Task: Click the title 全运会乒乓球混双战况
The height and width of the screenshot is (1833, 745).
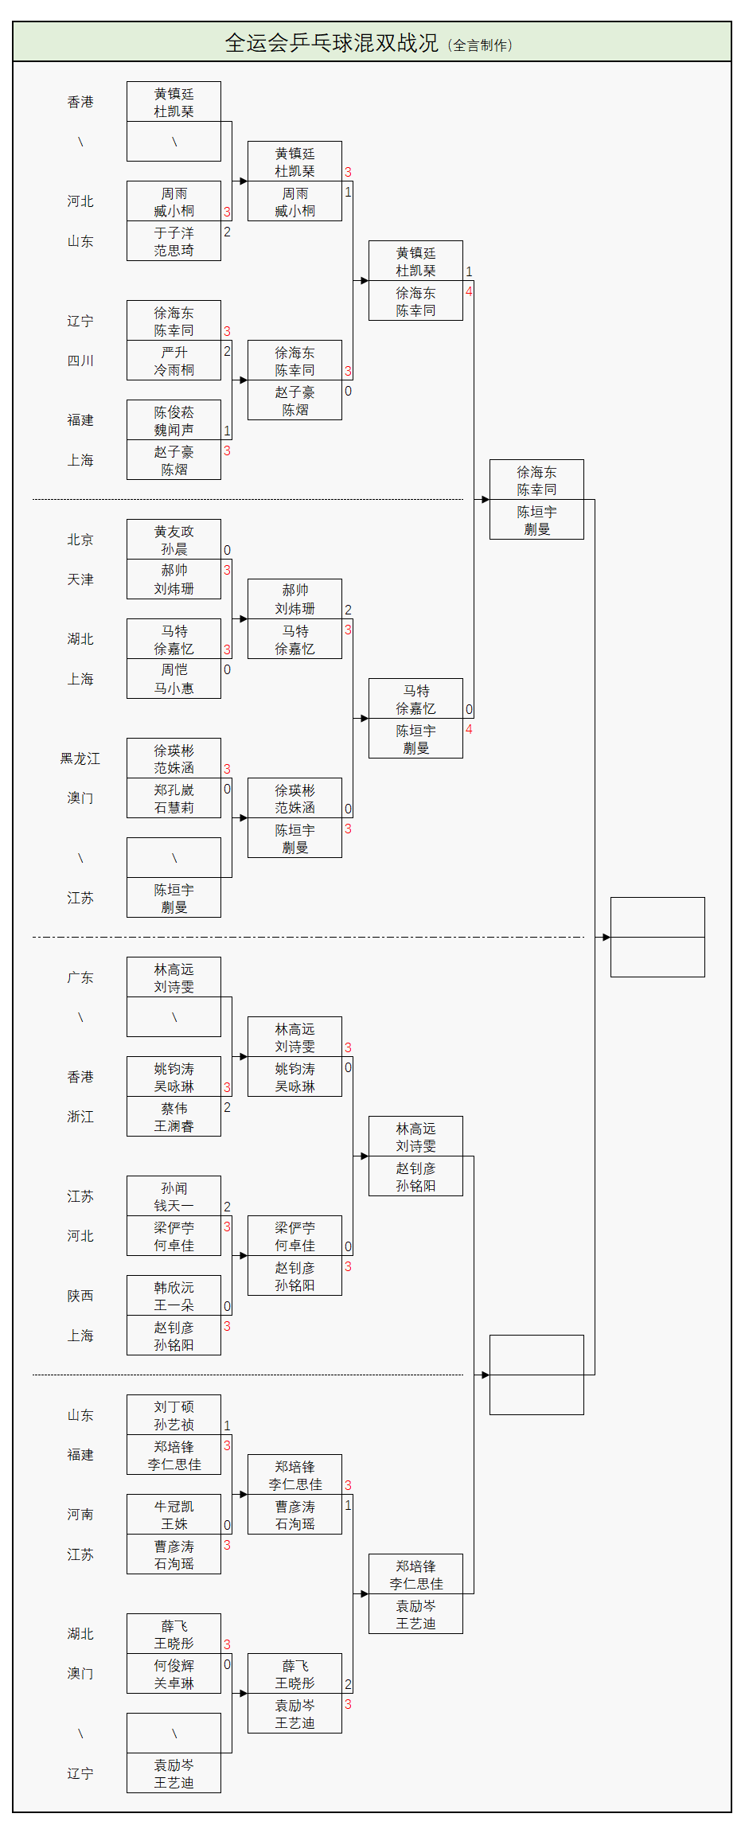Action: coord(331,43)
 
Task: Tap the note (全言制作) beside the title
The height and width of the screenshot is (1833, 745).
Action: coord(481,45)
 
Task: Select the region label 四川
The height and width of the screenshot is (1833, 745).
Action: coord(80,361)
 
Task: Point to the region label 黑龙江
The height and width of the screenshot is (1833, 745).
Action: coord(80,759)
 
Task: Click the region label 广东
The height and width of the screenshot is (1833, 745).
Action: coord(80,977)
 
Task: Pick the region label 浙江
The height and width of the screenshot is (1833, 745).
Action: coord(80,1117)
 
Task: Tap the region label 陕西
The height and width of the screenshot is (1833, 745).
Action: coord(80,1296)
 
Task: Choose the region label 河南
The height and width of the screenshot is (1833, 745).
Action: coord(80,1515)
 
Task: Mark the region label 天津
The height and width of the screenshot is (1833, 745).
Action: coord(80,579)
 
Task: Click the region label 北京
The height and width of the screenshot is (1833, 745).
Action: coord(80,540)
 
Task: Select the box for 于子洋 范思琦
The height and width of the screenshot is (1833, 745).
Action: coord(174,241)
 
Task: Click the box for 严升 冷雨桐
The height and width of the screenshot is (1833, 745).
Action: coord(174,361)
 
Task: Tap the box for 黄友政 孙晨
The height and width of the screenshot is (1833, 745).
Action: coord(174,540)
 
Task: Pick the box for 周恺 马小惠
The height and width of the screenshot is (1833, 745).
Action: coord(174,679)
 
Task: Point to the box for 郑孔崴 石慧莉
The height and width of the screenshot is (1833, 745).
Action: coord(174,798)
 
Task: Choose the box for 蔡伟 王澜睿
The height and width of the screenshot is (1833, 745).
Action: coord(174,1117)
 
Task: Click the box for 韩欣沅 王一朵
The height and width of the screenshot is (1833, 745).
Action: coord(174,1296)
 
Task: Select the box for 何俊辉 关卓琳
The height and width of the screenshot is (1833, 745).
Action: coord(174,1674)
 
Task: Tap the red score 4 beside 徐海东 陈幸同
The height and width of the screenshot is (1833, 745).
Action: coord(469,291)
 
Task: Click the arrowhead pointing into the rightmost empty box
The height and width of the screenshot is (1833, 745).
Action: coord(606,938)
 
